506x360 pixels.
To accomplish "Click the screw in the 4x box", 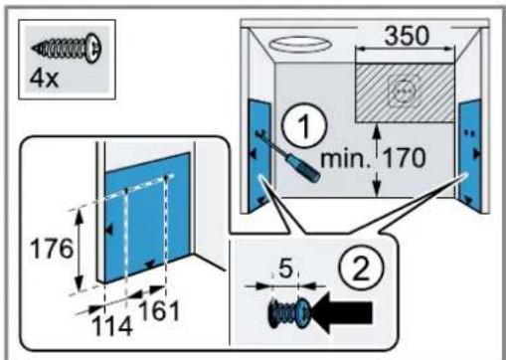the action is coord(67,48).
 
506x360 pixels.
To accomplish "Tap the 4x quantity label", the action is coord(44,79).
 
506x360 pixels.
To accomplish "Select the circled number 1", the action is coord(304,126).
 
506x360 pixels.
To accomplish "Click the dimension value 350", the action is coord(407,36).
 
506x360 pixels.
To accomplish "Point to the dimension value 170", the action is coord(405,158).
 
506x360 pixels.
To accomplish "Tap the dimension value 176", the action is coord(51,249).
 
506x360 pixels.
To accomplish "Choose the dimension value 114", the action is coord(112,326).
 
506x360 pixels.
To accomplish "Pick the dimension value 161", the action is coord(159,310).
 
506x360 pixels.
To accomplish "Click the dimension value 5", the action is coord(285,270).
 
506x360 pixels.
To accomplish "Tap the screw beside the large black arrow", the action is coord(289,313).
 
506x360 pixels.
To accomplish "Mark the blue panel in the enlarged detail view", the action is coord(147,217).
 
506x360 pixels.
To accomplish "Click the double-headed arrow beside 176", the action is coord(79,250).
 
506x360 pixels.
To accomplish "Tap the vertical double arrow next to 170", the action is coord(376,160).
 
